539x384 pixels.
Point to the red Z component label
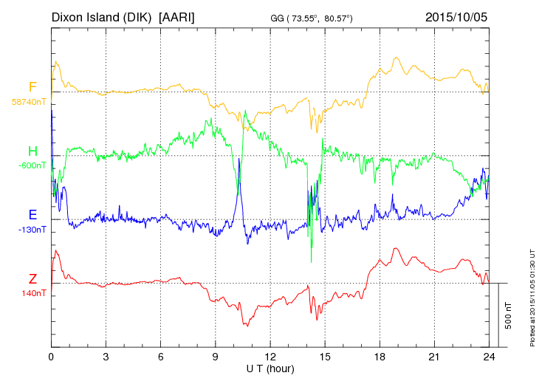tap(32, 279)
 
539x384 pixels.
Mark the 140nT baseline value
tap(33, 293)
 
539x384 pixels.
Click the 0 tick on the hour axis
tap(51, 357)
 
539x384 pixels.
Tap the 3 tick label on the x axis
tap(106, 357)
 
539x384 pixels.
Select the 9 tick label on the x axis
tap(216, 357)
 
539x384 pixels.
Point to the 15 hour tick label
tap(325, 357)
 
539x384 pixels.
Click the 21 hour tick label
tap(434, 357)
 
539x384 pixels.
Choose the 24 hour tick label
tap(489, 357)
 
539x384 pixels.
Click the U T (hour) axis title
tap(270, 368)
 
